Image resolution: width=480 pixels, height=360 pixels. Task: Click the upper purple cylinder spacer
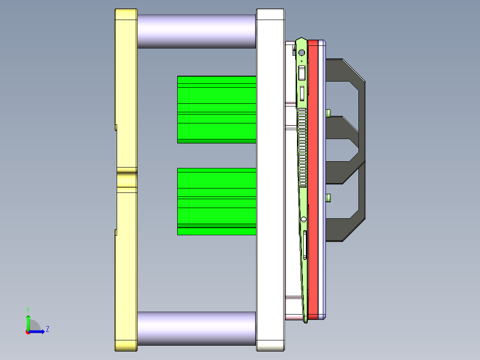click(196, 31)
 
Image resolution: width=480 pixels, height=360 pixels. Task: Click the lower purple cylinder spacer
click(196, 328)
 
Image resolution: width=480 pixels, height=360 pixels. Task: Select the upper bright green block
click(216, 109)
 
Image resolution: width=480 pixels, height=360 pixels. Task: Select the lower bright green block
click(216, 201)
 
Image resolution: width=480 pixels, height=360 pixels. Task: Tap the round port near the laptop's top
click(301, 53)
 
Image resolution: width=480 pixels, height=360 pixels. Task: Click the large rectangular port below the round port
click(302, 73)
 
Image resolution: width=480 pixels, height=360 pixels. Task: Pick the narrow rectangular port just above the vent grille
click(302, 93)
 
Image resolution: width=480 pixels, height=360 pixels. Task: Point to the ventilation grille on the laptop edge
click(302, 147)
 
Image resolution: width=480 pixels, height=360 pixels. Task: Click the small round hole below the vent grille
click(304, 219)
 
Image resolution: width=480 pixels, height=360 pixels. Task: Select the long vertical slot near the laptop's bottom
click(305, 245)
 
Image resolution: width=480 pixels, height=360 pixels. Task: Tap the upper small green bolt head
click(329, 113)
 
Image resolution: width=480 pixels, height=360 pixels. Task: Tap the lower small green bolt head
click(329, 197)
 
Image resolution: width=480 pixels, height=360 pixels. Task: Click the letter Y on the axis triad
click(28, 309)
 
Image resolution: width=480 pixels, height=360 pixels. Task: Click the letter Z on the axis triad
click(47, 329)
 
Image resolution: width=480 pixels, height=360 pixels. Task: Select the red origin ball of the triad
click(28, 332)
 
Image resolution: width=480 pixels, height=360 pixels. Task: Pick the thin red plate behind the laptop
click(313, 178)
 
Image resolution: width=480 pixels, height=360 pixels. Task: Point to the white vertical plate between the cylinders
click(270, 178)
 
